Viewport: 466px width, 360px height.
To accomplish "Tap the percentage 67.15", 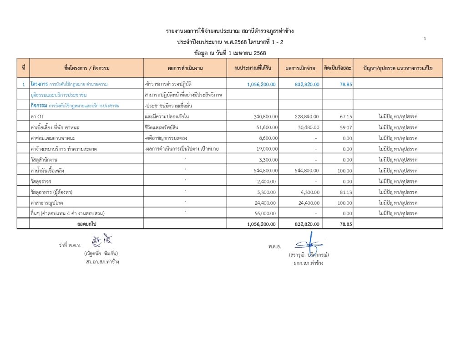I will pyautogui.click(x=346, y=117).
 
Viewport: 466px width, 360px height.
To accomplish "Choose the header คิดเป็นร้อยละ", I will pyautogui.click(x=338, y=68).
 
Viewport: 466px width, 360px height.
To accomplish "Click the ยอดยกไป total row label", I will pyautogui.click(x=87, y=224).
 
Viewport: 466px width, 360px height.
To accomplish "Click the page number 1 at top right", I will pyautogui.click(x=425, y=39).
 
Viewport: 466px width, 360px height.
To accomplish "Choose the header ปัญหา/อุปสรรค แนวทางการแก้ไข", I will pyautogui.click(x=398, y=68).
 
